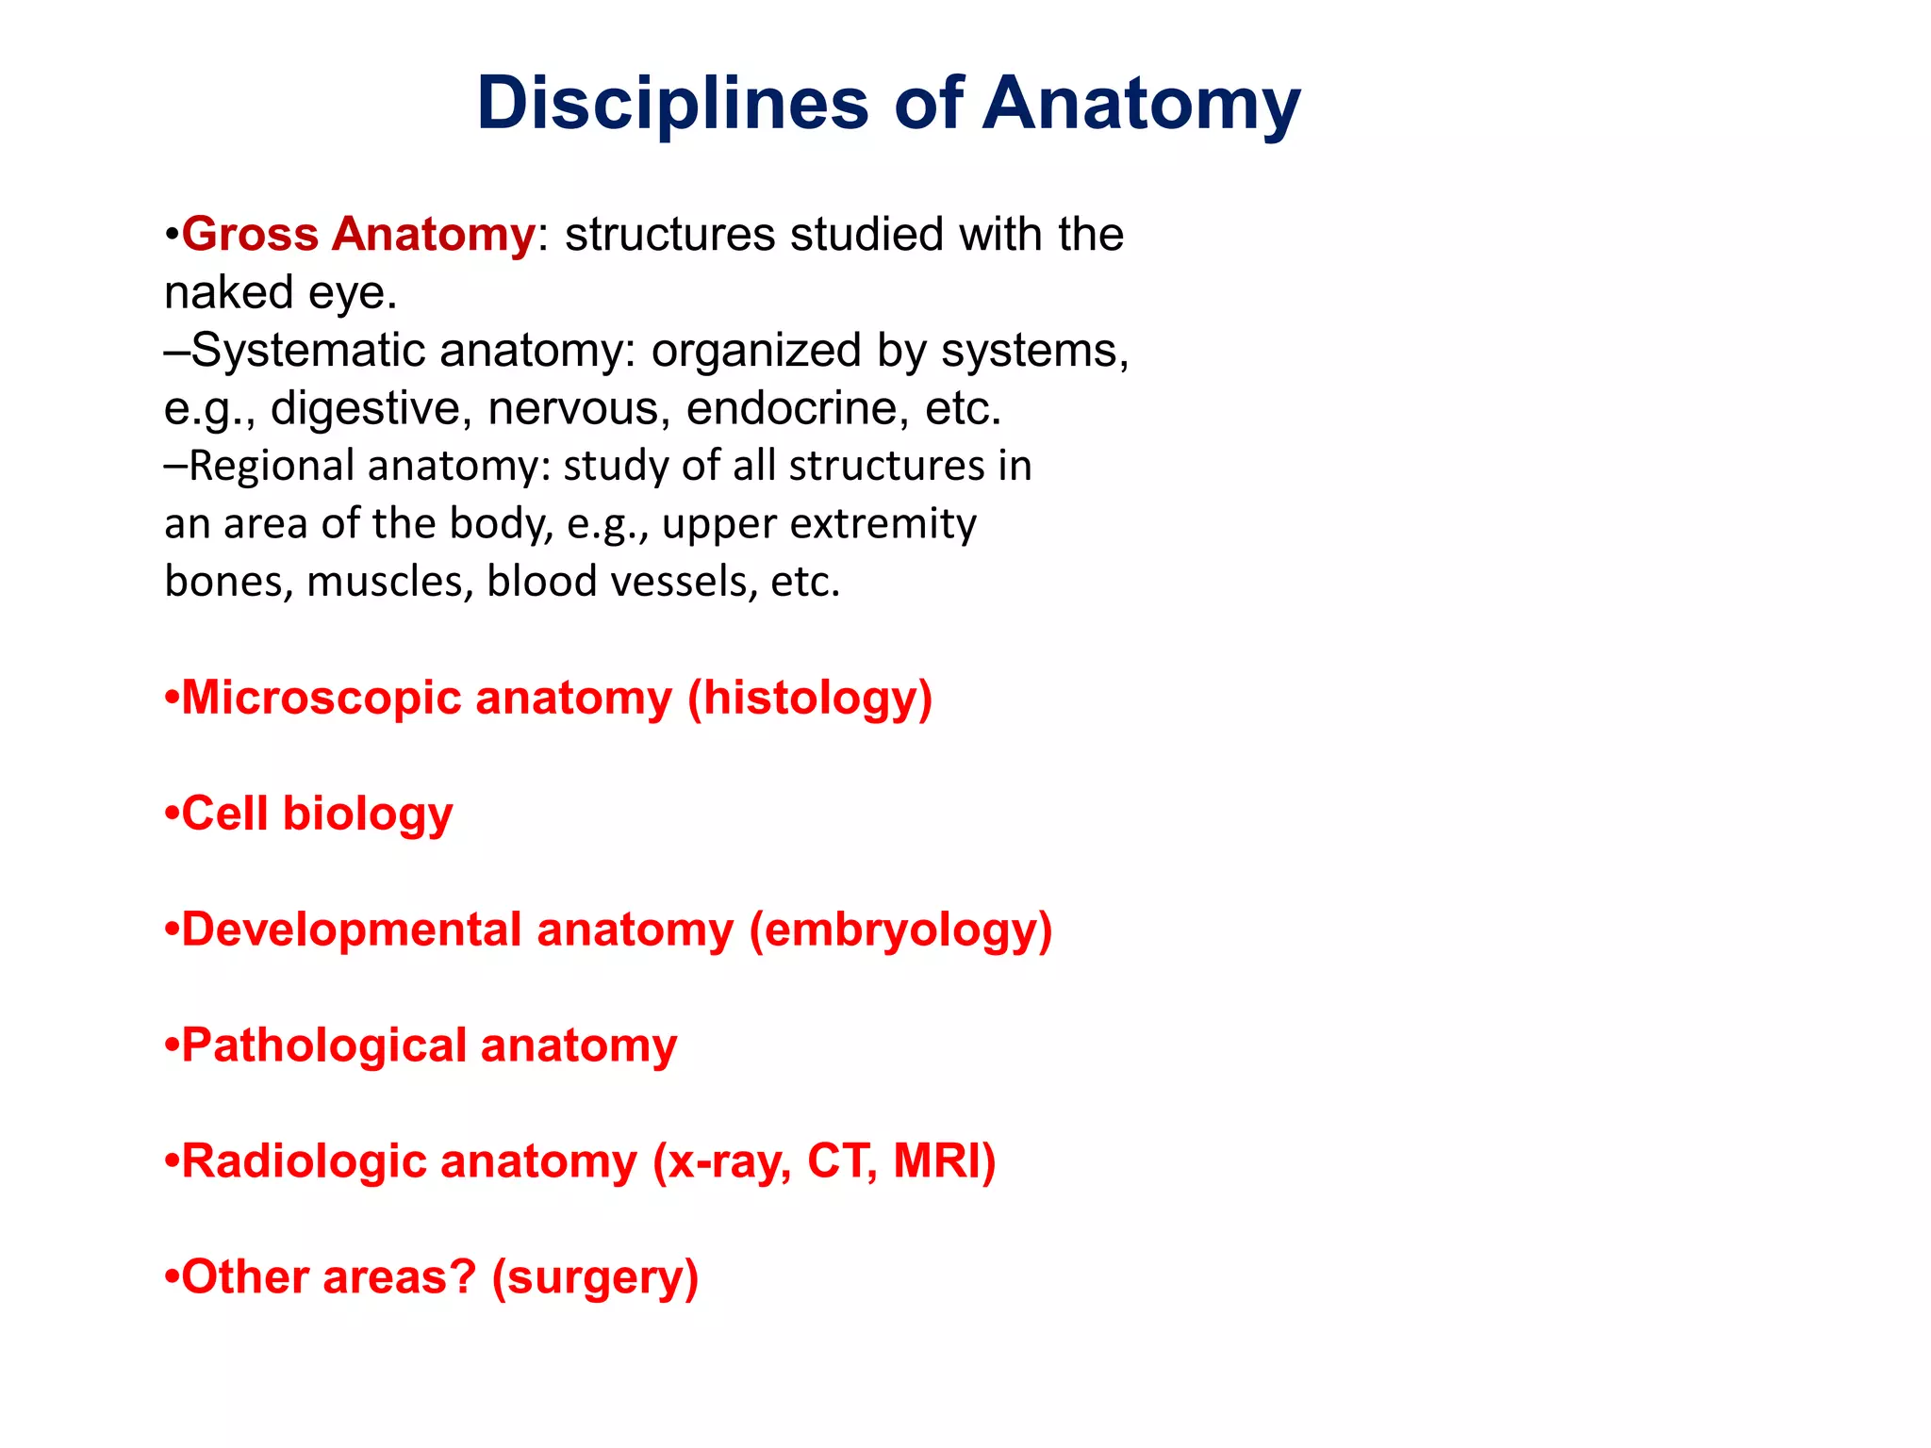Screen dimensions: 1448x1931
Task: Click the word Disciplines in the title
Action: tap(672, 104)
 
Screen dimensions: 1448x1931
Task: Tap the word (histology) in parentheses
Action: tap(810, 698)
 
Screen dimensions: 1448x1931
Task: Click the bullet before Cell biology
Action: tap(171, 813)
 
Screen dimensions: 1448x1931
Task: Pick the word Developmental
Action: tap(351, 930)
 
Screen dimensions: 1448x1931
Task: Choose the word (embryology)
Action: tap(900, 930)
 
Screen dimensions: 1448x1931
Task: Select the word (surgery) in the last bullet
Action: tap(595, 1277)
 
